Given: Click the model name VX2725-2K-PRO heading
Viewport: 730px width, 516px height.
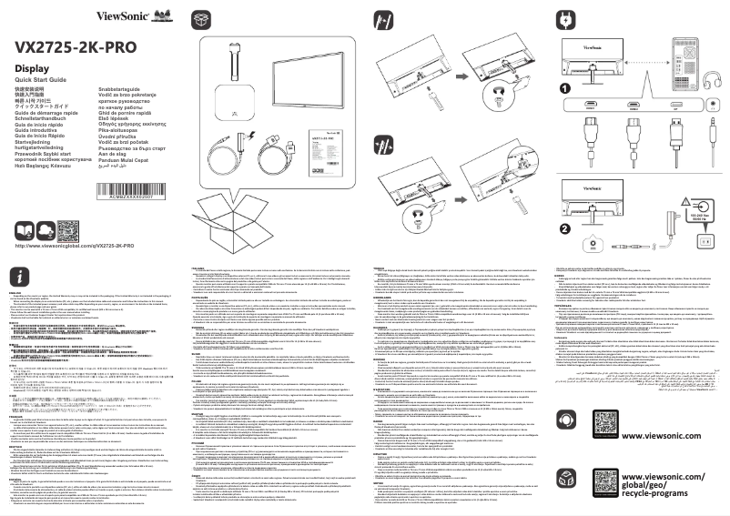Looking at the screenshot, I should pyautogui.click(x=75, y=47).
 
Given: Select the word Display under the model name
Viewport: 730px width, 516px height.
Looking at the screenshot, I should pyautogui.click(x=33, y=70).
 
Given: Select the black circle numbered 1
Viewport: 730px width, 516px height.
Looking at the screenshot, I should pyautogui.click(x=565, y=88).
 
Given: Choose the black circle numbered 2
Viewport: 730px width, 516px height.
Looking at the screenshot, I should pyautogui.click(x=565, y=203).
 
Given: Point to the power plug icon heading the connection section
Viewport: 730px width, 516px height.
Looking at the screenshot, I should pyautogui.click(x=565, y=17).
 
